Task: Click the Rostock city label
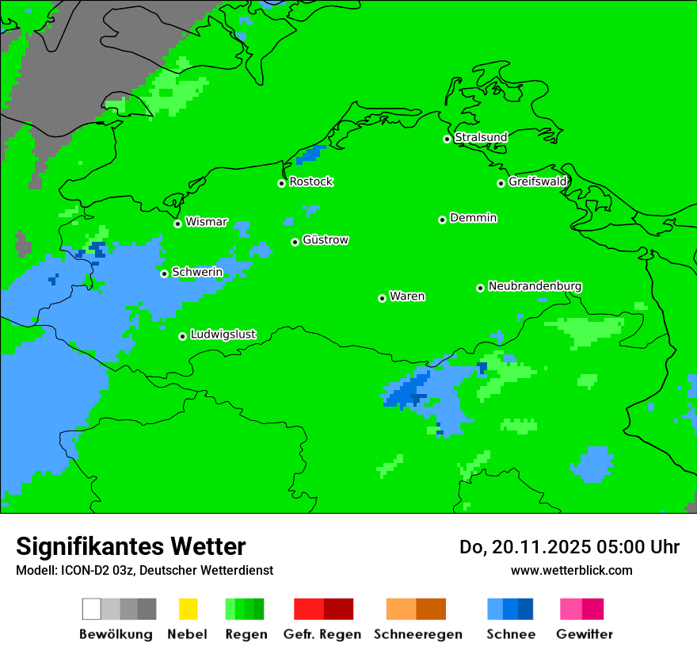point(310,182)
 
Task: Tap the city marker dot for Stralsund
point(447,139)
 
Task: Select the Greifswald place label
point(537,182)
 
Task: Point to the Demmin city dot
point(442,220)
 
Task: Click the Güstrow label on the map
point(325,240)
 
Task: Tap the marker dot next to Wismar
point(177,224)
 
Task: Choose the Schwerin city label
point(197,273)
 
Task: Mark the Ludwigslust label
point(223,335)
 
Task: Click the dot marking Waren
point(382,298)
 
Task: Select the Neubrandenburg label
point(535,286)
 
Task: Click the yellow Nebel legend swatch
point(188,609)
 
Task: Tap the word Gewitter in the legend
point(584,634)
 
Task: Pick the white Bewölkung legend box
point(92,609)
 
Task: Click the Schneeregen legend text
point(417,634)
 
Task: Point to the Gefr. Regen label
point(322,634)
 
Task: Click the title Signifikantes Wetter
point(131,546)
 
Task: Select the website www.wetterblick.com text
point(571,570)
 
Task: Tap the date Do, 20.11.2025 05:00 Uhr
point(569,547)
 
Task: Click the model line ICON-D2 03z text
point(144,570)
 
